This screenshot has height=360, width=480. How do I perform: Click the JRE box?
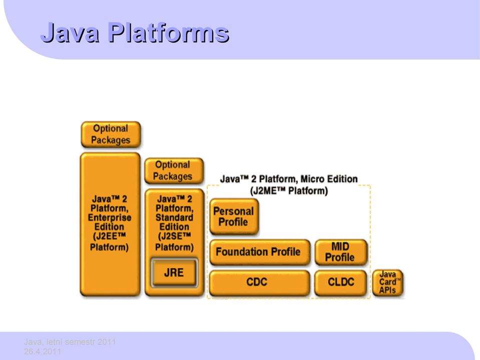coord(174,272)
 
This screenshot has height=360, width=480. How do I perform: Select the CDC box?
coord(259,282)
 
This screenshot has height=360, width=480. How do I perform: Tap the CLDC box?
coord(341,282)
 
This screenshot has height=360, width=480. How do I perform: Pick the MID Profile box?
coord(341,252)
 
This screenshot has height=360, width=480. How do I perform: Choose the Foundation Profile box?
coord(259,252)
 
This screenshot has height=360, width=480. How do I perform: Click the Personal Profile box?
coord(234,217)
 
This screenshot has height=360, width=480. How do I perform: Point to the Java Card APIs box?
coord(387,282)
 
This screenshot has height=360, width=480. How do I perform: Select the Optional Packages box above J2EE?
coord(111,134)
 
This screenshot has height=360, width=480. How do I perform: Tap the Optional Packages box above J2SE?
coord(174,171)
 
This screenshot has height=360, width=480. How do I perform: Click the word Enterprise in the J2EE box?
coord(110,218)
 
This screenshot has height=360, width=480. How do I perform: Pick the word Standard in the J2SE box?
coord(174,218)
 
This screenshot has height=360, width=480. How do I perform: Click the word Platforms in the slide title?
coord(168,33)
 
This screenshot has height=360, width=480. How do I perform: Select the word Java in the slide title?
coord(70,33)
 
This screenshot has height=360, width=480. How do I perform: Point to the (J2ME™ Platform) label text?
coord(289,191)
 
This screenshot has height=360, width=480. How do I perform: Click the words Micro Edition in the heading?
coord(329,179)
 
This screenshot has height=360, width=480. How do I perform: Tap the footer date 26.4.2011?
coord(43,351)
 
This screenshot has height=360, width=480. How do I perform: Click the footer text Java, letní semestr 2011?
coord(70,342)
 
